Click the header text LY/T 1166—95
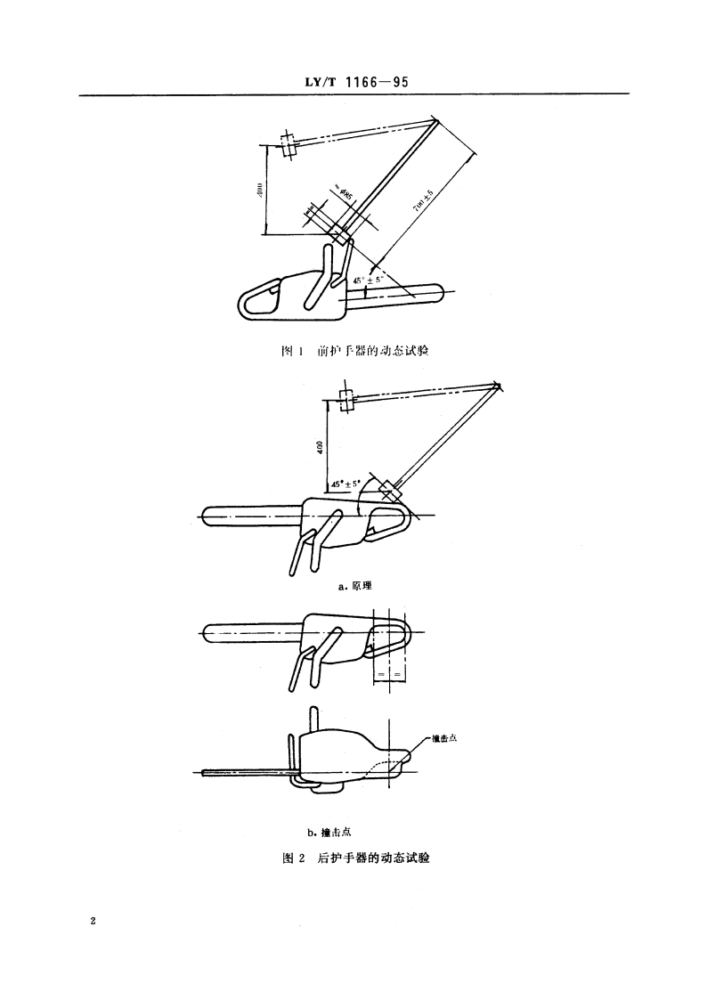coord(354,83)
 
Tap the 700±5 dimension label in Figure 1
coord(419,203)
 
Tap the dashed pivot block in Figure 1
coord(287,145)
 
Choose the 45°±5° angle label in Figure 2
coord(345,484)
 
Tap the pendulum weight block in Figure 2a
coord(390,491)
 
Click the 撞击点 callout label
coord(443,737)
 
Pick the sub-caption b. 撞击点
coord(330,833)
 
